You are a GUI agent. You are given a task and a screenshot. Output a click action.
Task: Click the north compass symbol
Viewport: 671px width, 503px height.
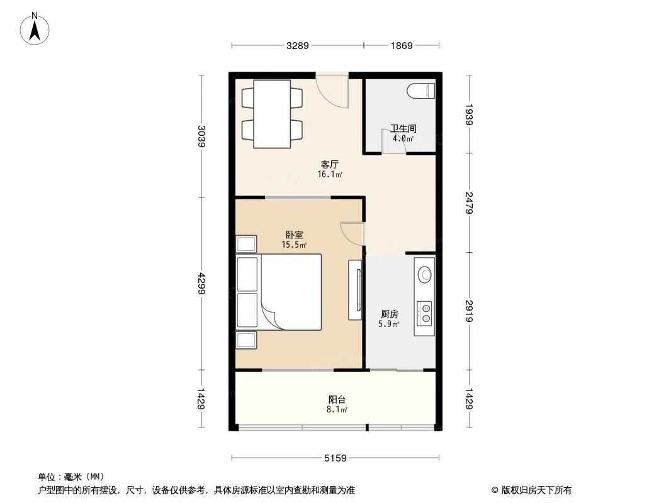[36, 28]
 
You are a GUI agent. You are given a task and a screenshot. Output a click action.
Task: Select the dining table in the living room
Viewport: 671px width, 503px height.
[271, 114]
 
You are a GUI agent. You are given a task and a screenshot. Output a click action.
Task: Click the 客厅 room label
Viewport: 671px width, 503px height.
[329, 164]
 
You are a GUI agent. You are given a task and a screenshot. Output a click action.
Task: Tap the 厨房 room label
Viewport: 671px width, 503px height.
[389, 314]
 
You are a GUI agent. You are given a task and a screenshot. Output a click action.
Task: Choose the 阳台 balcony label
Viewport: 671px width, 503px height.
[337, 399]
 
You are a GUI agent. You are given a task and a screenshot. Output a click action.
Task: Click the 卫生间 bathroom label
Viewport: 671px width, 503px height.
[403, 128]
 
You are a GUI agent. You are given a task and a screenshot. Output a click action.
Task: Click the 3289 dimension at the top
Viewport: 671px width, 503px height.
[298, 45]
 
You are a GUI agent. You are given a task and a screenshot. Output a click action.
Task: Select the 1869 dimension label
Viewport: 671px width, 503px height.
[401, 45]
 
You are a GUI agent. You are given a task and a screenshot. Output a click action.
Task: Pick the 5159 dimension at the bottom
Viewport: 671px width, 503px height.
[335, 458]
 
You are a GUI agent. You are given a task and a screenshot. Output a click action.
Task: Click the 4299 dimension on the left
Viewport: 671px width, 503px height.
[201, 284]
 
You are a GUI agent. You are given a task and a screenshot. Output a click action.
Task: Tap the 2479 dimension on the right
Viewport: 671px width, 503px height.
[468, 203]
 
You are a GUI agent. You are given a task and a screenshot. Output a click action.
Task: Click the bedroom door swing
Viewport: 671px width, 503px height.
[351, 233]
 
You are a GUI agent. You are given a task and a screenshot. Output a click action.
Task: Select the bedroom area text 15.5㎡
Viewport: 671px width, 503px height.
[294, 245]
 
